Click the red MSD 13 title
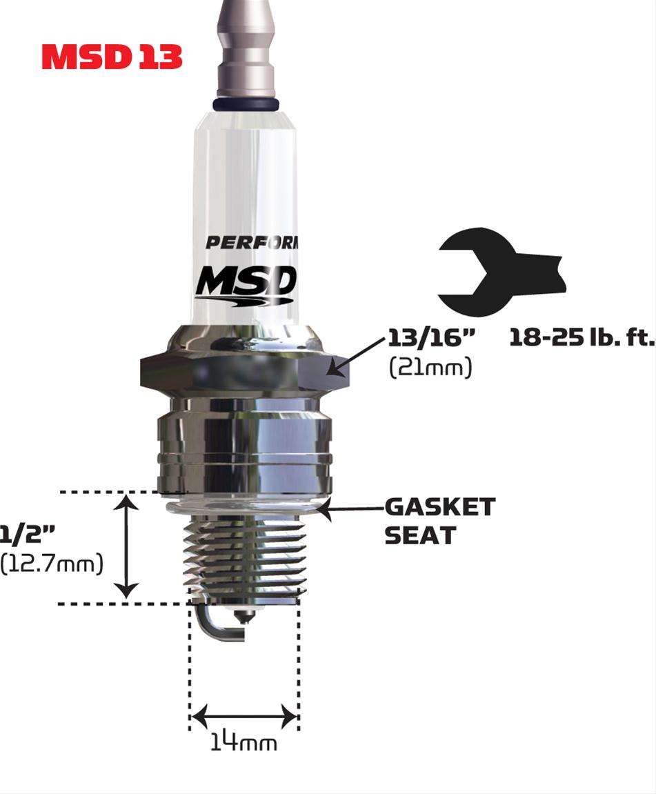tap(112, 58)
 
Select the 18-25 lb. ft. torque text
tap(581, 339)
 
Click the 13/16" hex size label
tap(432, 339)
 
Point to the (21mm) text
tap(430, 368)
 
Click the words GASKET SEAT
tap(439, 521)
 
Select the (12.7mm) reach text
tap(52, 563)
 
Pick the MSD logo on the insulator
tap(246, 284)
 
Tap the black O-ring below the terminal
tap(247, 103)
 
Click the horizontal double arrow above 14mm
tap(244, 716)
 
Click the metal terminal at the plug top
tap(246, 48)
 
